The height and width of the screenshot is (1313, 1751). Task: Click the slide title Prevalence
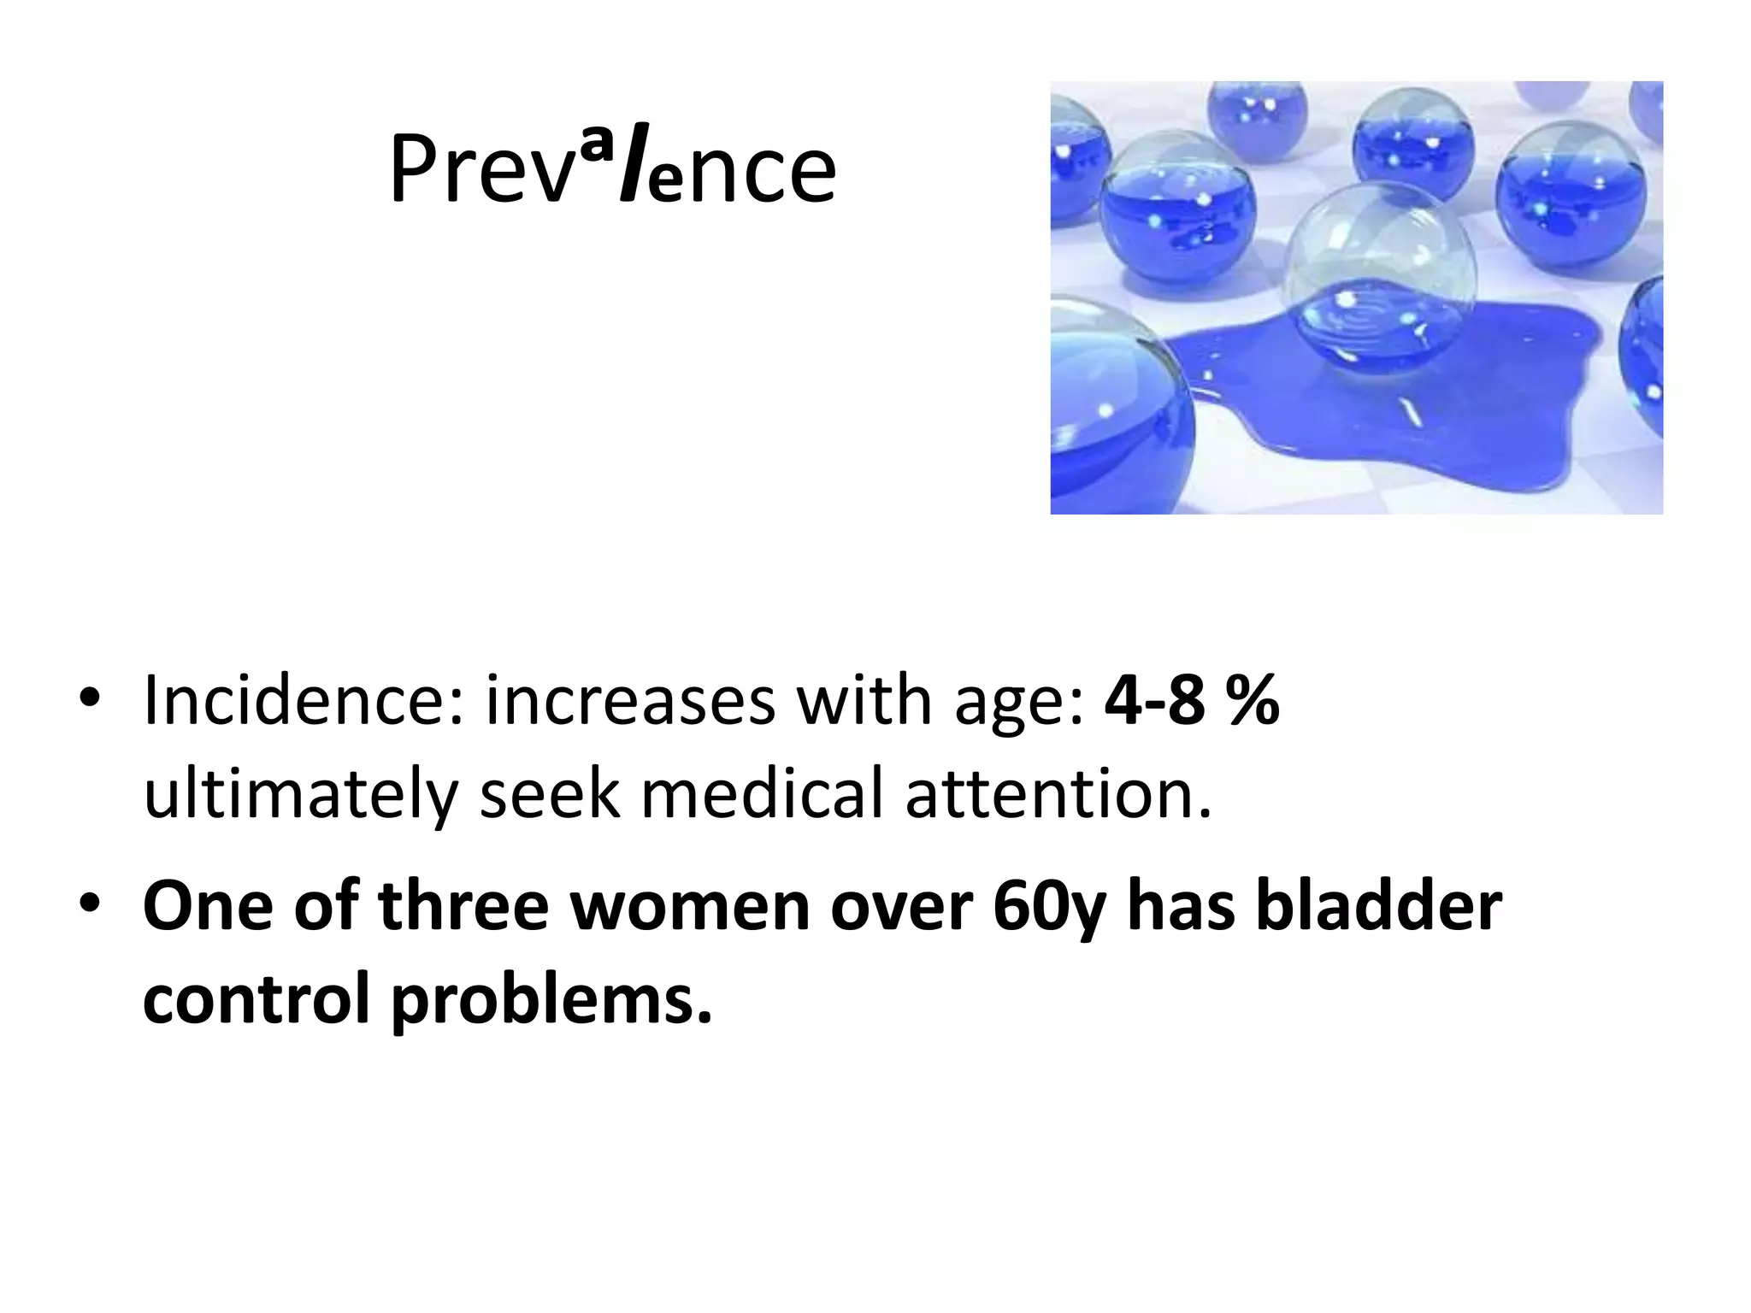click(612, 171)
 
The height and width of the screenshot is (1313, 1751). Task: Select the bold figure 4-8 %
click(1191, 701)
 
